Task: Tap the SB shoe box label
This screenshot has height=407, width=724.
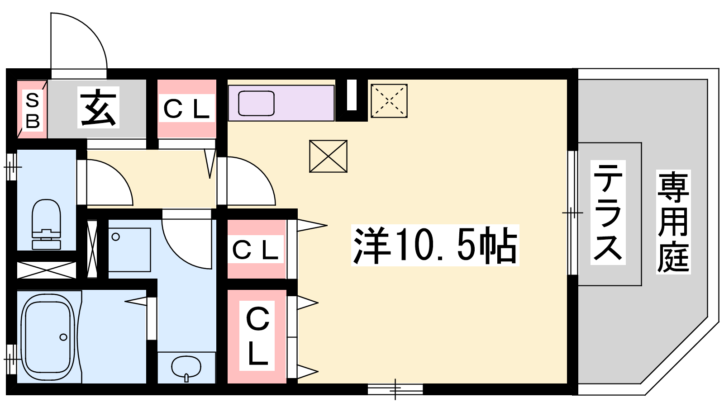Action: click(33, 111)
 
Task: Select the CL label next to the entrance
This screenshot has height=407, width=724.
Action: click(186, 109)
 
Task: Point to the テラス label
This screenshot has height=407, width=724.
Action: click(608, 213)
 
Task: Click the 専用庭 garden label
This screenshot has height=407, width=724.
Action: click(673, 222)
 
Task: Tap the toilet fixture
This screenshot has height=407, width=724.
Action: click(46, 224)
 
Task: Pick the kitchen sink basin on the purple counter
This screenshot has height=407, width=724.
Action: click(256, 103)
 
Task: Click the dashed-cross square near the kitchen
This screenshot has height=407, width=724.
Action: click(389, 101)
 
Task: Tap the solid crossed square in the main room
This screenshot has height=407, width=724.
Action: click(328, 156)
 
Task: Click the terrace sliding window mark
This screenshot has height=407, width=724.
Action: click(573, 213)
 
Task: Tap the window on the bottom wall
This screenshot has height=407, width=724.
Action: click(395, 389)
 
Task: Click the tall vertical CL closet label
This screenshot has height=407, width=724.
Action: click(257, 336)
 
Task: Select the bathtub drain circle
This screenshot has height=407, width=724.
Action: click(63, 337)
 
